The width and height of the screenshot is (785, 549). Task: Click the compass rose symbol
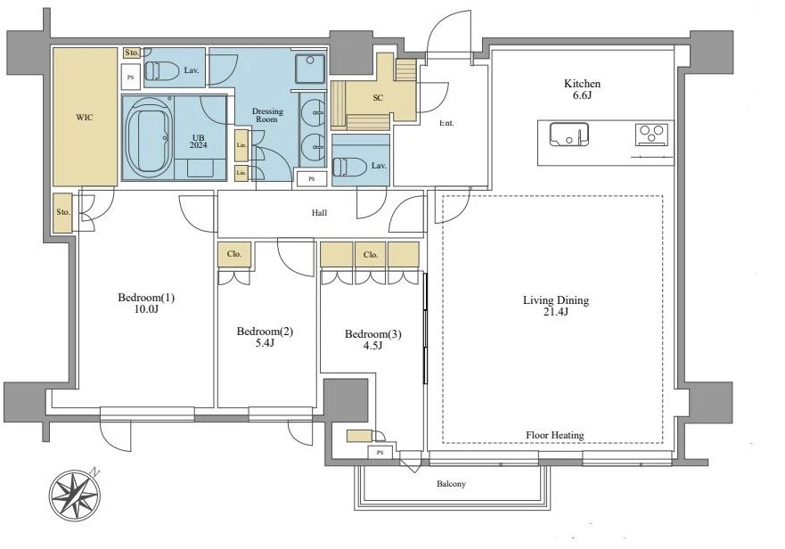tap(75, 496)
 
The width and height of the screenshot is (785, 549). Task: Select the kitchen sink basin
tap(568, 134)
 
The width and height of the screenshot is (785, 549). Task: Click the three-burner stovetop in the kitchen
tap(651, 135)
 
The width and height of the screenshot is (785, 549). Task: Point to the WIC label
tap(84, 118)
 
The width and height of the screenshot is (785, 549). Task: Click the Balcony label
tap(451, 484)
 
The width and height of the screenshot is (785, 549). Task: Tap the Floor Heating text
tap(555, 435)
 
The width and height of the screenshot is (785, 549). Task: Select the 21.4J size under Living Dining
tap(556, 312)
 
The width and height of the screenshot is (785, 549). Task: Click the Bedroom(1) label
tap(146, 298)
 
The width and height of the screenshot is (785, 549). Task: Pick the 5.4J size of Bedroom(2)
tap(265, 343)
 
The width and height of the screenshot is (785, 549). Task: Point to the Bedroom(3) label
tap(373, 334)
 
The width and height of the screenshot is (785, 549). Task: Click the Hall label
tap(319, 213)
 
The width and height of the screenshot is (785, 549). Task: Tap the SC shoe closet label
tap(378, 98)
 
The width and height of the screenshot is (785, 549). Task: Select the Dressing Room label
tap(267, 115)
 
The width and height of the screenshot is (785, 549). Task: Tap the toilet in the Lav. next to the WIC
tap(161, 70)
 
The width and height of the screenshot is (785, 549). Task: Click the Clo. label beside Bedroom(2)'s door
tap(234, 254)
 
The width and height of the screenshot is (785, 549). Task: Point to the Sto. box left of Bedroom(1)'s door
tap(63, 212)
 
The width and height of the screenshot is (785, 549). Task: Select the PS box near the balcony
tap(380, 453)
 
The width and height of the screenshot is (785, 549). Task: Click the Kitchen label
tap(582, 84)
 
